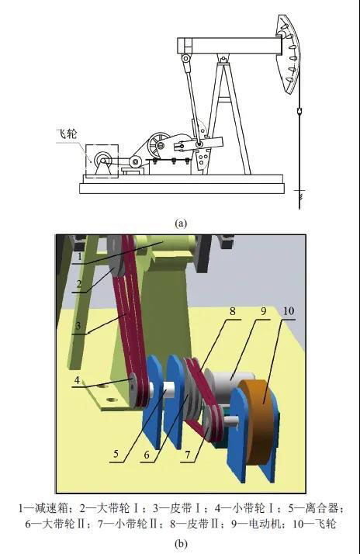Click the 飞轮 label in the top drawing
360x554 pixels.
67,134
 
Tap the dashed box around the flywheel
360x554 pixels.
85,161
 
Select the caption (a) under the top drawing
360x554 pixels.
181,223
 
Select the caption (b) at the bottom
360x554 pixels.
181,543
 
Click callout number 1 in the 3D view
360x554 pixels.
80,256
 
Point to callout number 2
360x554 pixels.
79,284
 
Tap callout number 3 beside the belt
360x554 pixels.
78,325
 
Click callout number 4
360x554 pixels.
77,381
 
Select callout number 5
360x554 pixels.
116,454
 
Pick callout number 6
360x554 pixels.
147,454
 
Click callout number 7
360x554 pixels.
188,455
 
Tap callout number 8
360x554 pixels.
233,312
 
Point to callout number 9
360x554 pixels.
263,312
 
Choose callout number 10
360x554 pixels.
289,311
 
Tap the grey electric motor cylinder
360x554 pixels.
227,385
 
